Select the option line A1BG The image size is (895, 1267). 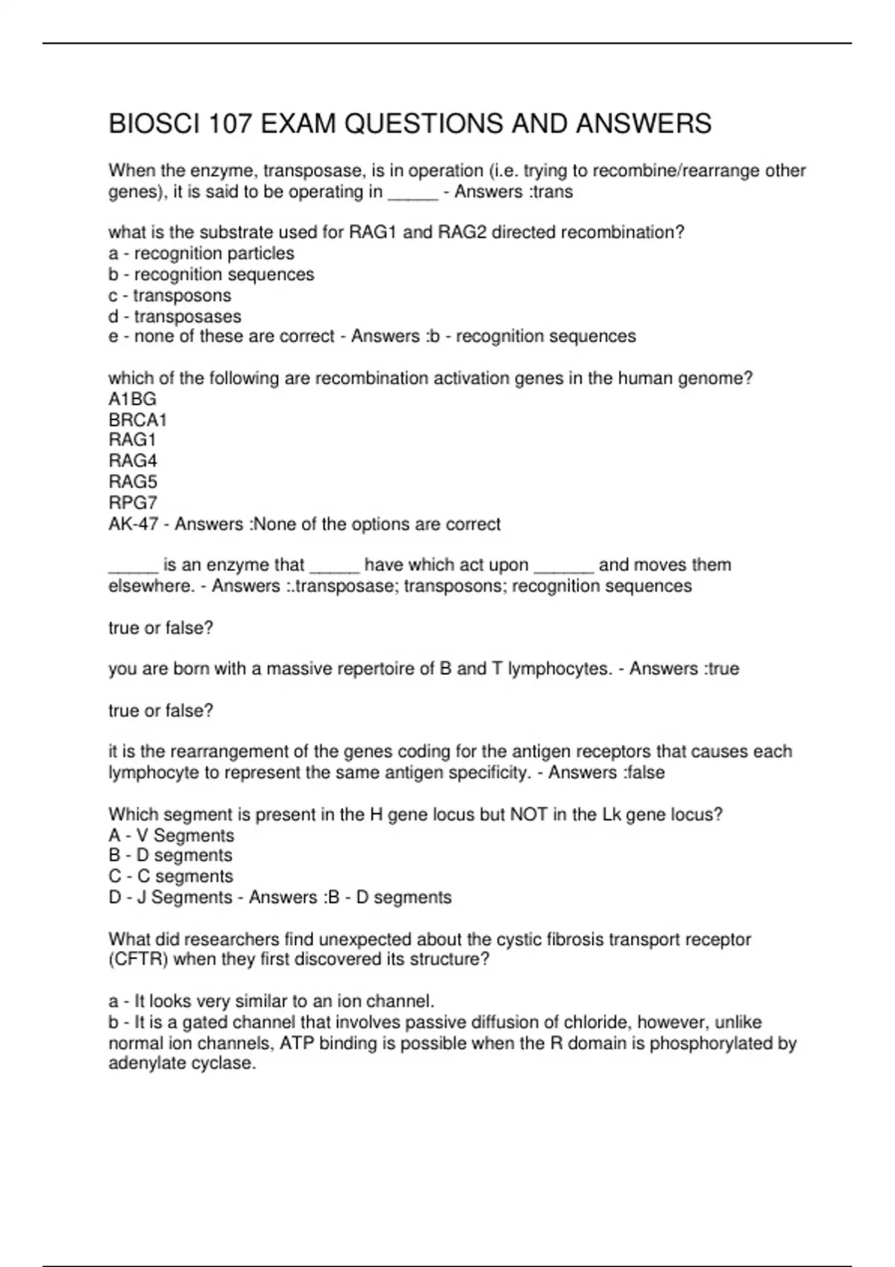pyautogui.click(x=132, y=399)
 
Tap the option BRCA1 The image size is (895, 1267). pyautogui.click(x=137, y=420)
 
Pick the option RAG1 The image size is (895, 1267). pyautogui.click(x=132, y=440)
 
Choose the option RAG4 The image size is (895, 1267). pyautogui.click(x=133, y=461)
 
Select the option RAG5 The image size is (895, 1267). pyautogui.click(x=133, y=481)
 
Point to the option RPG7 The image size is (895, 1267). pyautogui.click(x=133, y=502)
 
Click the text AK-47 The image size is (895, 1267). pyautogui.click(x=133, y=524)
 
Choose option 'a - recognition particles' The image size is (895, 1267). pyautogui.click(x=201, y=253)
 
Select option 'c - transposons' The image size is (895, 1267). pyautogui.click(x=169, y=295)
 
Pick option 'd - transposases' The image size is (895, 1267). pyautogui.click(x=175, y=316)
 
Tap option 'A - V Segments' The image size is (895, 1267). pyautogui.click(x=171, y=835)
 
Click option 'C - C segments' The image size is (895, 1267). pyautogui.click(x=170, y=876)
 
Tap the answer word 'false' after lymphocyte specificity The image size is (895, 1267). pyautogui.click(x=645, y=772)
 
